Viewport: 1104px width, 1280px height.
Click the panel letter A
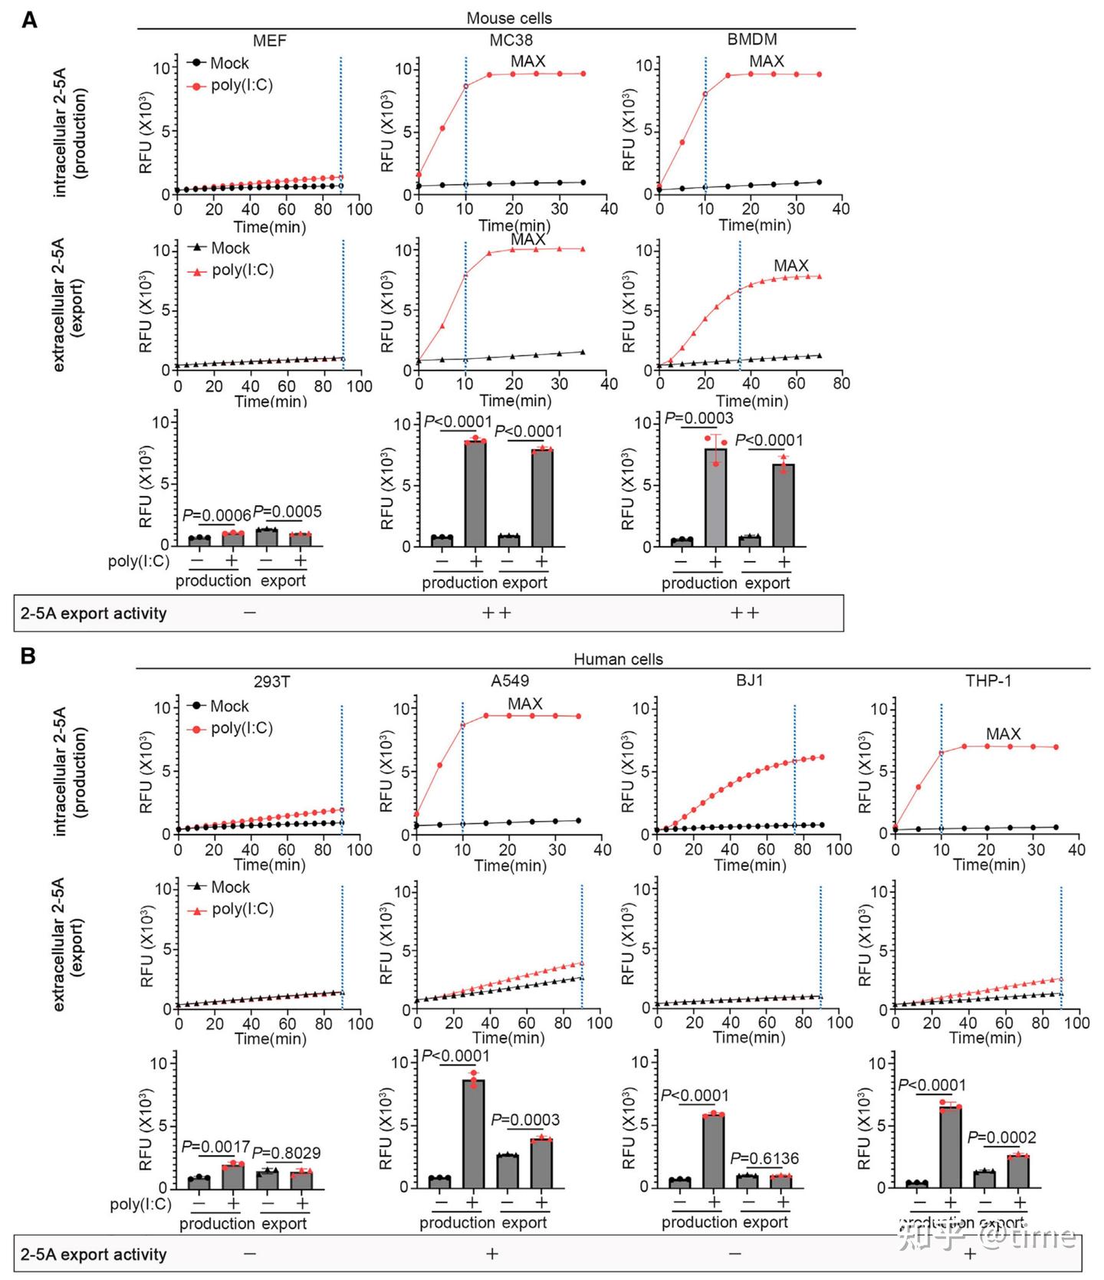coord(29,19)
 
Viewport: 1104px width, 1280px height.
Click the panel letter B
coord(28,656)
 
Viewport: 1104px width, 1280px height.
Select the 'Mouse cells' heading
coord(509,18)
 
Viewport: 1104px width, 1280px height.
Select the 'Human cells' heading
coord(618,659)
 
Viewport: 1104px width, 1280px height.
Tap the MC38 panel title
coord(511,40)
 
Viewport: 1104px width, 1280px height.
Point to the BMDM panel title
coord(752,39)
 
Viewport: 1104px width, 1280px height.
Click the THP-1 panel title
coord(988,681)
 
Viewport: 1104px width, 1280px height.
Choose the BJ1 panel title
coord(749,681)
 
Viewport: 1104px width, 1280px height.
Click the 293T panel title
coord(271,681)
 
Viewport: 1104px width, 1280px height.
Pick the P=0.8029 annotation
coord(286,1153)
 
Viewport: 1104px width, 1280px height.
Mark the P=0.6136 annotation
coord(764,1158)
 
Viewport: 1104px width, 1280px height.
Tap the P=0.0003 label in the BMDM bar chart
coord(698,418)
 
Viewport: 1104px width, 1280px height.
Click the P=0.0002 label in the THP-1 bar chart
coord(1002,1137)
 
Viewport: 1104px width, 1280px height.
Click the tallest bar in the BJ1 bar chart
coord(713,1150)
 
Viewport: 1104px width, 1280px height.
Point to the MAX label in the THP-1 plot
coord(1003,734)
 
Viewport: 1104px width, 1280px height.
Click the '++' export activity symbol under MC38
coord(496,613)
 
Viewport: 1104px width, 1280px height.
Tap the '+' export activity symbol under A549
coord(492,1253)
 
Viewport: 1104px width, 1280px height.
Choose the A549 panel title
coord(510,681)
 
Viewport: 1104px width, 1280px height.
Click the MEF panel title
coord(269,40)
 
